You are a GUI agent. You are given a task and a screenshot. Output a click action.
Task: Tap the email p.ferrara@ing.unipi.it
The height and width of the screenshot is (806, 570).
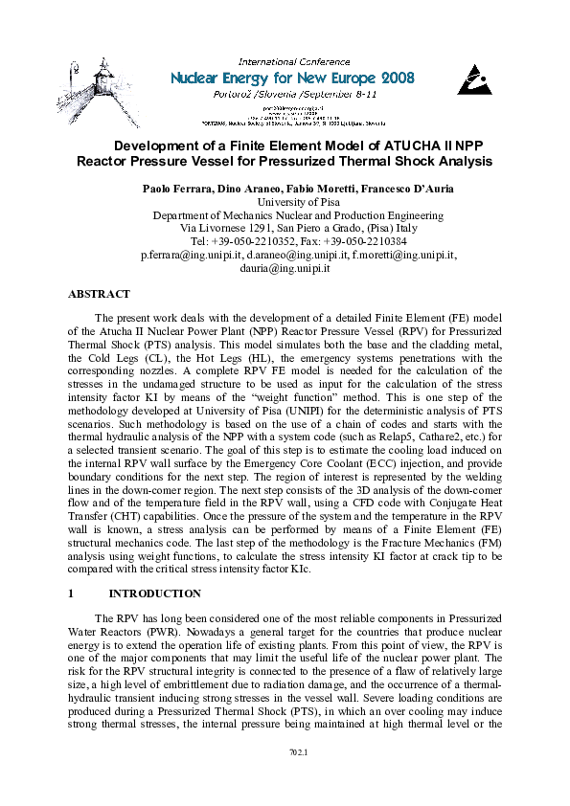click(x=192, y=256)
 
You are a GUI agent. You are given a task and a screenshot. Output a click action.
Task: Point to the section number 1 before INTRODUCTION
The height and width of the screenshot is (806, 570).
click(x=72, y=593)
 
